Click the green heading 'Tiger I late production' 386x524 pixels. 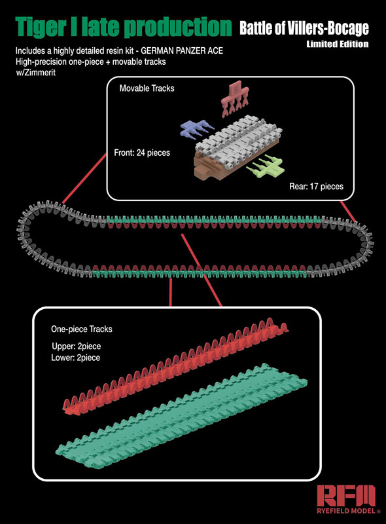(123, 27)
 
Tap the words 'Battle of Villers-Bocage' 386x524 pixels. (304, 28)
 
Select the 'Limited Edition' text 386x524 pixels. (338, 44)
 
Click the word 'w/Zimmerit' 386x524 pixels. (36, 73)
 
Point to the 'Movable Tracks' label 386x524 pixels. (147, 88)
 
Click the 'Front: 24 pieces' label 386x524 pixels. (142, 153)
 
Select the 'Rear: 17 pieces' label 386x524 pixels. (316, 186)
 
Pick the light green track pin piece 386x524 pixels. (266, 166)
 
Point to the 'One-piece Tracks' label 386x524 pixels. (82, 329)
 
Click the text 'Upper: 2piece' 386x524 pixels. (76, 346)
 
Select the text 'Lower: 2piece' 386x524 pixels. (75, 358)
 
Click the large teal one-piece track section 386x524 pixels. (181, 417)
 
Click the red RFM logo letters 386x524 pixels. (346, 495)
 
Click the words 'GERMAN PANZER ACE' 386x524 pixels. (182, 51)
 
